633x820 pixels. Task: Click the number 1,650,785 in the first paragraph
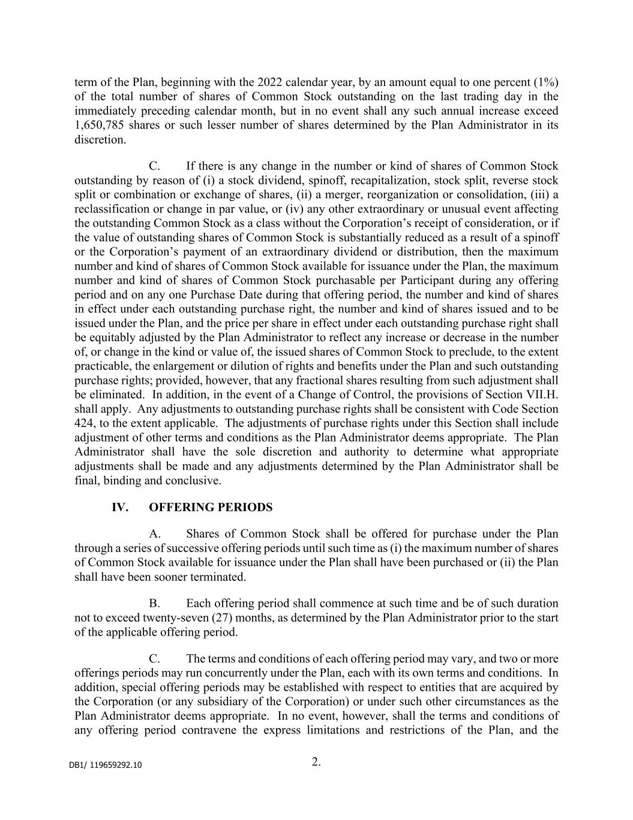99,126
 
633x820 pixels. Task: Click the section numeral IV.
120,508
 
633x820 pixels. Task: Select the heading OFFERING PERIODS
211,508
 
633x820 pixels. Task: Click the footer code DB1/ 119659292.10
106,765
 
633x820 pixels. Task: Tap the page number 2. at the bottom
316,762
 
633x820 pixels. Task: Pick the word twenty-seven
175,618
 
